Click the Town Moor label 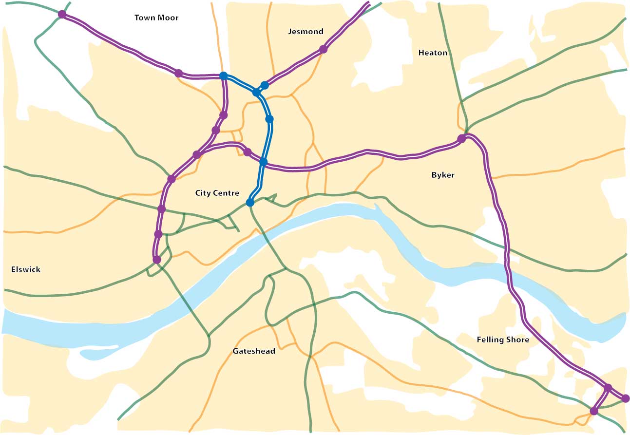point(156,18)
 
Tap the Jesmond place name point(305,32)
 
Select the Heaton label point(433,53)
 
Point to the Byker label point(443,175)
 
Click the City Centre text point(217,193)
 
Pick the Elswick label point(26,269)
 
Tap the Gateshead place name point(254,351)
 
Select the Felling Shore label point(503,340)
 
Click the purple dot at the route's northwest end point(62,14)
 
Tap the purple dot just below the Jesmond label point(323,49)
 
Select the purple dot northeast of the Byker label point(461,139)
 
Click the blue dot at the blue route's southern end point(250,202)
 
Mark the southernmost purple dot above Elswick point(157,260)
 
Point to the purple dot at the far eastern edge point(626,398)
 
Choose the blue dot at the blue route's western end point(223,76)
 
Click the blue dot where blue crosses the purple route point(263,162)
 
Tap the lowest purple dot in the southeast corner point(593,411)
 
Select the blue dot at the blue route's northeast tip point(265,85)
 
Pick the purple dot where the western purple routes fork point(196,155)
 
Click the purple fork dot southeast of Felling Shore point(608,388)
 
